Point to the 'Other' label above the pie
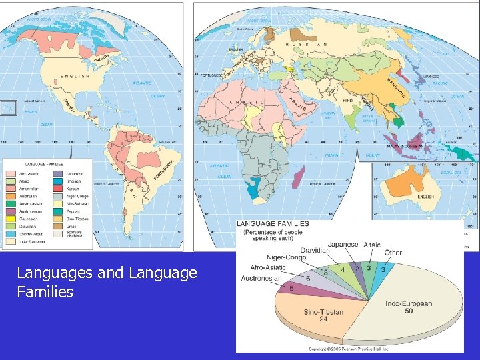(x=393, y=253)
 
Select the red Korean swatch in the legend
(x=54, y=189)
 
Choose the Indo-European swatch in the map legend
(x=11, y=241)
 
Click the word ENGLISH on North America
(x=65, y=77)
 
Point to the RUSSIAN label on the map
(x=307, y=44)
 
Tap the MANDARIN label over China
(x=398, y=87)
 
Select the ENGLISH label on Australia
(x=425, y=197)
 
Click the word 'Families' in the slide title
(x=45, y=291)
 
